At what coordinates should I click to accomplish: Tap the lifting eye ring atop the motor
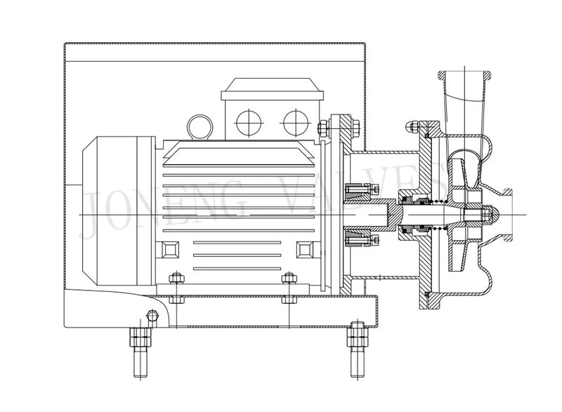200,126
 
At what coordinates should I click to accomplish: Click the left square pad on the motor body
171,250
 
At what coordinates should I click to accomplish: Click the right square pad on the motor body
306,250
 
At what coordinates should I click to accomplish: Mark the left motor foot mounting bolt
176,288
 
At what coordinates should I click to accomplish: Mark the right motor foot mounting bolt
287,288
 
